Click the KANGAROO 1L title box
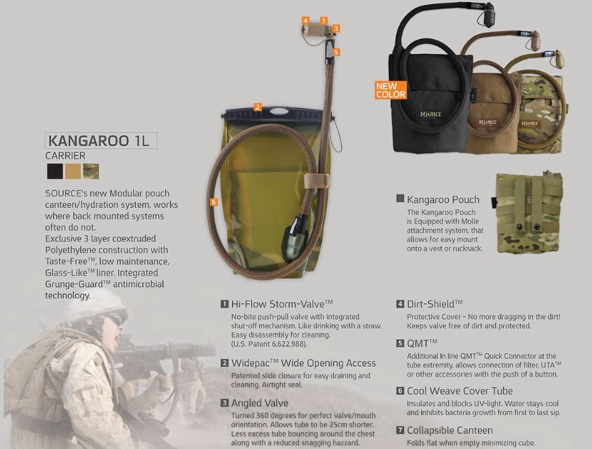click(100, 141)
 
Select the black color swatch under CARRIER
click(55, 171)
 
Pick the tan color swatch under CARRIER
click(73, 171)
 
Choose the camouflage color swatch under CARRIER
click(91, 171)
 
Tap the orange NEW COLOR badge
click(390, 90)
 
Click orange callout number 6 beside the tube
click(214, 202)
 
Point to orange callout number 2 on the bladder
click(257, 107)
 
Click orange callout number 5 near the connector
click(336, 52)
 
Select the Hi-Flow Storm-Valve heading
click(282, 304)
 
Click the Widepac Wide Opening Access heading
click(303, 363)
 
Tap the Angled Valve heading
click(260, 403)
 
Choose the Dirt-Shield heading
click(434, 304)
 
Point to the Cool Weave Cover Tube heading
click(460, 391)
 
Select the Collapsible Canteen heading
click(449, 430)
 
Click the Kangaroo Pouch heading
click(443, 200)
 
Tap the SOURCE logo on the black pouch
click(430, 115)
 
